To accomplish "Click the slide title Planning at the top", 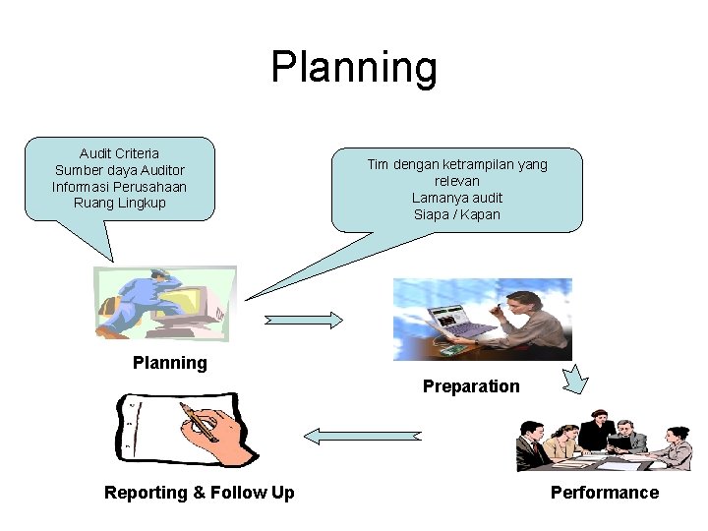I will click(354, 68).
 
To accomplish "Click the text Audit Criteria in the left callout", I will click(119, 153).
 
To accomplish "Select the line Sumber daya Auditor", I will click(119, 170).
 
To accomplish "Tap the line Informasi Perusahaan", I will click(119, 187).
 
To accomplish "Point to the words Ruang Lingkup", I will click(119, 204).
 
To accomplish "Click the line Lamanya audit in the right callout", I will click(457, 198).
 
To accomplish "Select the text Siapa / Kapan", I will click(457, 214).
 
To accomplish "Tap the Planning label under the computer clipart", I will click(170, 363).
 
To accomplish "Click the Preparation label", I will click(471, 386).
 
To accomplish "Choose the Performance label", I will click(605, 493).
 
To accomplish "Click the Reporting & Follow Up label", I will click(199, 493).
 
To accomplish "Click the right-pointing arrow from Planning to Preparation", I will click(304, 320).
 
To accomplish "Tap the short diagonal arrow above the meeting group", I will click(574, 379).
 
